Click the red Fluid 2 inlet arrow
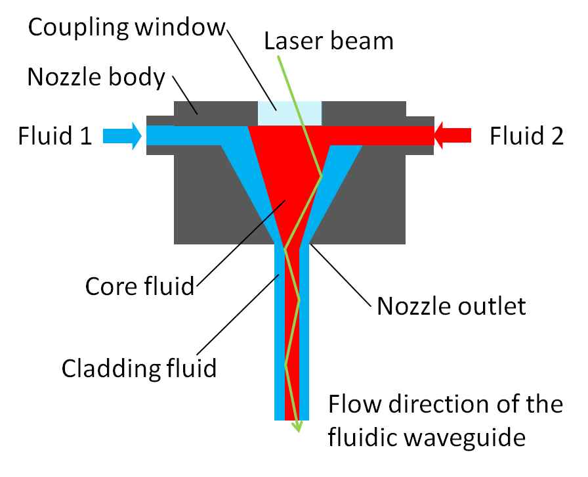453,135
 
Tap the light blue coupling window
289,113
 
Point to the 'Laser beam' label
328,41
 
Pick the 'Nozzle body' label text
96,78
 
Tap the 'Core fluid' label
140,286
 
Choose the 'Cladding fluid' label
139,367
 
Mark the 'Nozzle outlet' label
451,306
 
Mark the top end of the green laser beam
279,57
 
